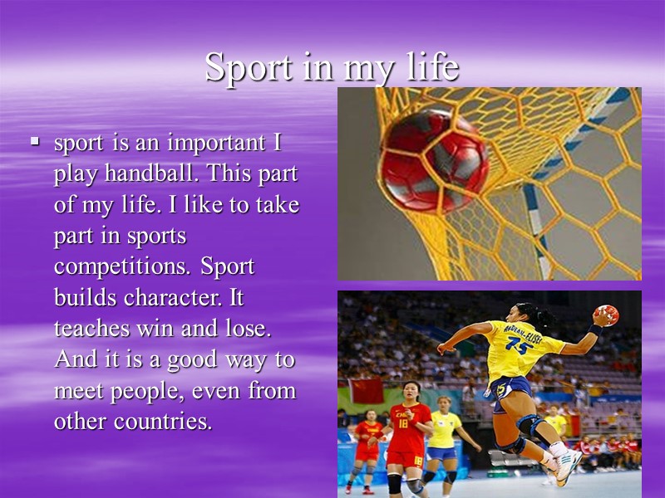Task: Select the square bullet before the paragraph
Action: (34, 143)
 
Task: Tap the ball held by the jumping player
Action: (607, 315)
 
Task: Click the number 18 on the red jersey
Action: (403, 423)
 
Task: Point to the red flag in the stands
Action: (366, 390)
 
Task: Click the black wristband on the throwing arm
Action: (594, 330)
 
